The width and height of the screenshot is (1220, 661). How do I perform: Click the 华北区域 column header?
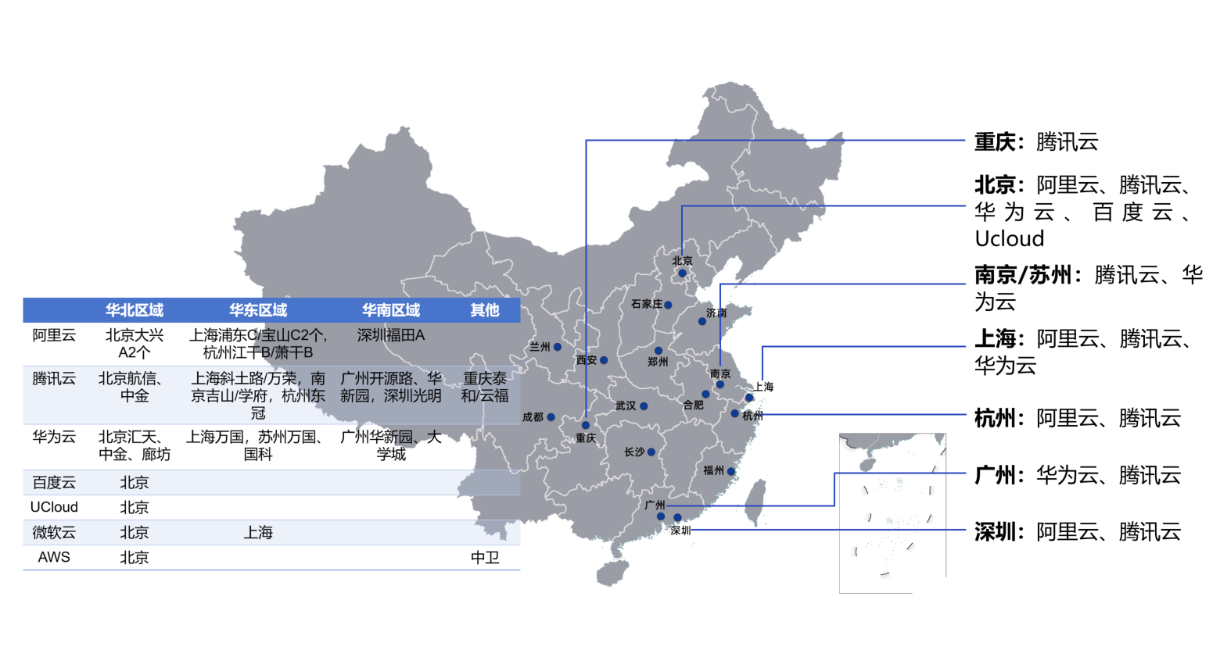[x=134, y=310]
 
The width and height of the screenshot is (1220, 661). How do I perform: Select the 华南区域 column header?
[x=391, y=310]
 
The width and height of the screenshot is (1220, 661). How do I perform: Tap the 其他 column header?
[x=485, y=310]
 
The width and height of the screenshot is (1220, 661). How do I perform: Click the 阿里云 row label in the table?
[x=54, y=335]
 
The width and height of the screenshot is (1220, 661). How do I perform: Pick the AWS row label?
[x=54, y=557]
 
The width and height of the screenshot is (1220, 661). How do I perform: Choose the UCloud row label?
[x=54, y=507]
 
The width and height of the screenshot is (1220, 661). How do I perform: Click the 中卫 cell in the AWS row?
[x=485, y=558]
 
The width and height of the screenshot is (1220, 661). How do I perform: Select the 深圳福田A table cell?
[x=391, y=335]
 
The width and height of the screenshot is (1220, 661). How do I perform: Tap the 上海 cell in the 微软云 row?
[x=257, y=532]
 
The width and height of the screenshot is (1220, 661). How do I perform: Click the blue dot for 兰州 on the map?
[x=557, y=347]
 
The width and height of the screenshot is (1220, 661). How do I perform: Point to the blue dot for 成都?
[x=551, y=417]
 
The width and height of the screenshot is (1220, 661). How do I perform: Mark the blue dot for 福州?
[x=731, y=472]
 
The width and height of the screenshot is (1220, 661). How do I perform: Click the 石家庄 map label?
[x=647, y=304]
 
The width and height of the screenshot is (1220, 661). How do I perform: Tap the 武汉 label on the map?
[x=626, y=406]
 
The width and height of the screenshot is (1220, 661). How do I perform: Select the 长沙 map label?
[x=634, y=452]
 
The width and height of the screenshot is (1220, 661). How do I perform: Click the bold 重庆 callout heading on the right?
[x=995, y=142]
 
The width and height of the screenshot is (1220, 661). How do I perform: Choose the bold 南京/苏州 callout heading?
[x=1023, y=275]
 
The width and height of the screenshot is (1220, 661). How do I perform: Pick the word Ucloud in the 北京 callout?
[x=1009, y=239]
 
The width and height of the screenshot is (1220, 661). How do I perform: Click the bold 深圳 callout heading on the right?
[x=995, y=532]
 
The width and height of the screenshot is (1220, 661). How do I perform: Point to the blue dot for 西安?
[x=604, y=360]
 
